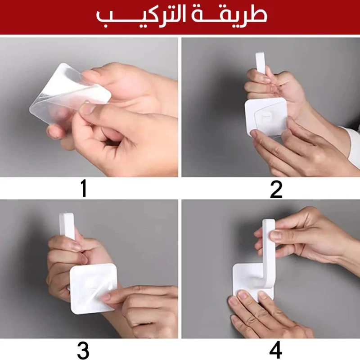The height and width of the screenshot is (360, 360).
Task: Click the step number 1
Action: [84, 188]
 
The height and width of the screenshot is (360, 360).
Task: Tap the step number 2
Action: [276, 189]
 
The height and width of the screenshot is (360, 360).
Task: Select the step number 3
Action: [83, 351]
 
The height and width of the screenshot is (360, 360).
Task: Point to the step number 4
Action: [275, 351]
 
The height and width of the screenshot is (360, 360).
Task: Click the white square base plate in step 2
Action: [266, 117]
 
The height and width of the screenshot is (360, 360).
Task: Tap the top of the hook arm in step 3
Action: [67, 216]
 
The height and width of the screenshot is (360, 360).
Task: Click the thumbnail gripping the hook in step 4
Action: [275, 235]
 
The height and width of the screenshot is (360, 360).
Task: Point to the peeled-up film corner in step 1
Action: [101, 93]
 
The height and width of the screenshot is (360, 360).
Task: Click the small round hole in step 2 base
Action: [266, 117]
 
